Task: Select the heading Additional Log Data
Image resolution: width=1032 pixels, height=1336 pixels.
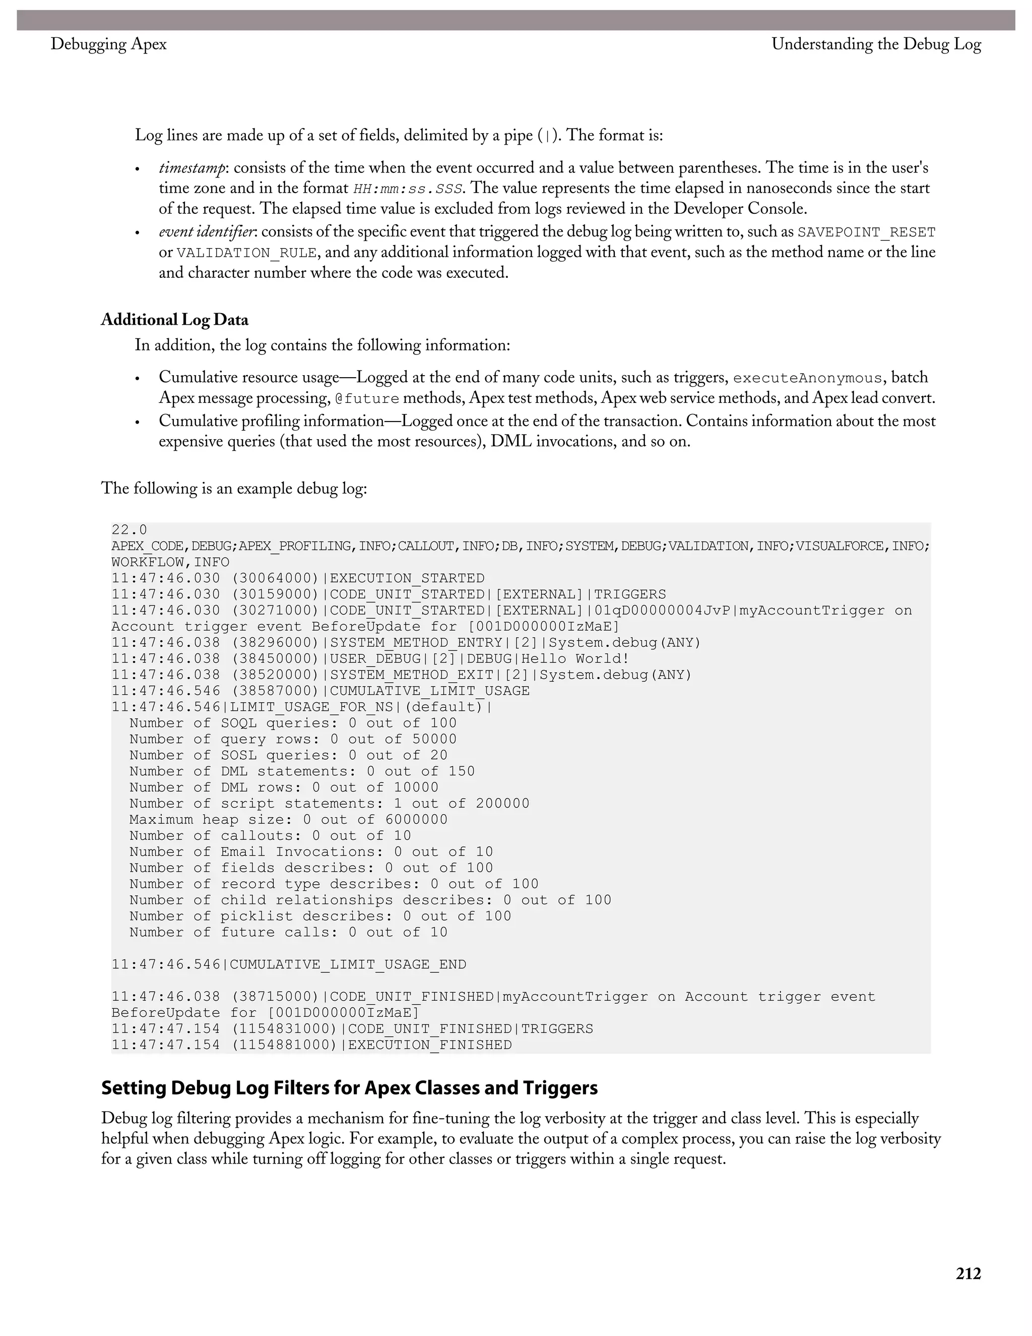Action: [x=174, y=320]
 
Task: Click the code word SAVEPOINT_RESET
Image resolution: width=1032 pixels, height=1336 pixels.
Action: [x=866, y=232]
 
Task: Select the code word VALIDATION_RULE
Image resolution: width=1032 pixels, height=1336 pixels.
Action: [x=246, y=253]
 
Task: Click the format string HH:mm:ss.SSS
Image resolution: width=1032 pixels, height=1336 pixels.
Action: [x=407, y=189]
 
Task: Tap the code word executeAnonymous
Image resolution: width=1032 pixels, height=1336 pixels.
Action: [x=807, y=378]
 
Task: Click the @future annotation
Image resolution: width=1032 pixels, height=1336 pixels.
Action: [x=367, y=399]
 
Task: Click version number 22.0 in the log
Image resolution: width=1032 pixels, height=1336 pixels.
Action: [x=129, y=530]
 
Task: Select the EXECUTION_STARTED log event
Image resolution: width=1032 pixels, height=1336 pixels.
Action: [x=407, y=578]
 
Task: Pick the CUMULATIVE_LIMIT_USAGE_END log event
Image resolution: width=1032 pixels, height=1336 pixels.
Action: [x=347, y=964]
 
